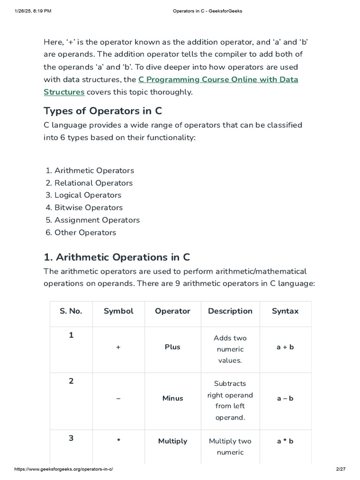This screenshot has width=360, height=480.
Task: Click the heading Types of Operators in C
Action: click(x=103, y=111)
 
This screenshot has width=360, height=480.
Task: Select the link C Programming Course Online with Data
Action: click(x=218, y=80)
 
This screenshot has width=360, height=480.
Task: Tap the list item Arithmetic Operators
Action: click(x=94, y=171)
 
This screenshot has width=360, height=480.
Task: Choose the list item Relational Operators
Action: click(x=93, y=183)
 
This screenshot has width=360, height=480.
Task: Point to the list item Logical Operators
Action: click(x=88, y=195)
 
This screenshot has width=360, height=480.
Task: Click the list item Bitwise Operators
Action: click(x=88, y=208)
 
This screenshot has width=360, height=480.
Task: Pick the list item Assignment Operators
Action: click(x=97, y=220)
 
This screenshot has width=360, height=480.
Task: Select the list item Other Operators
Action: click(x=85, y=232)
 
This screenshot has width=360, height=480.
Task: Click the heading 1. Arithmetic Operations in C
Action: click(x=117, y=257)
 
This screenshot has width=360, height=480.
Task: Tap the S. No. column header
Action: click(x=71, y=311)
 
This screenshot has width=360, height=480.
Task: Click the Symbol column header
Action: click(x=118, y=311)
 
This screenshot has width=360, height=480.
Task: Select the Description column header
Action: click(x=230, y=311)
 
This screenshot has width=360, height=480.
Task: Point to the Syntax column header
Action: click(x=285, y=311)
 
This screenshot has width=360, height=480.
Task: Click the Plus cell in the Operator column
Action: click(x=172, y=347)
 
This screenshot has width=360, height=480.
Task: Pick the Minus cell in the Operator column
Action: click(x=172, y=398)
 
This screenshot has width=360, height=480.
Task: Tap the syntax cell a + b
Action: click(x=285, y=347)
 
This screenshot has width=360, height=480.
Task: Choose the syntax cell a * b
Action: click(x=285, y=441)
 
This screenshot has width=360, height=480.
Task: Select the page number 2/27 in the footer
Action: click(x=340, y=469)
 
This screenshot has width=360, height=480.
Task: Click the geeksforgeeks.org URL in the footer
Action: click(x=64, y=469)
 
